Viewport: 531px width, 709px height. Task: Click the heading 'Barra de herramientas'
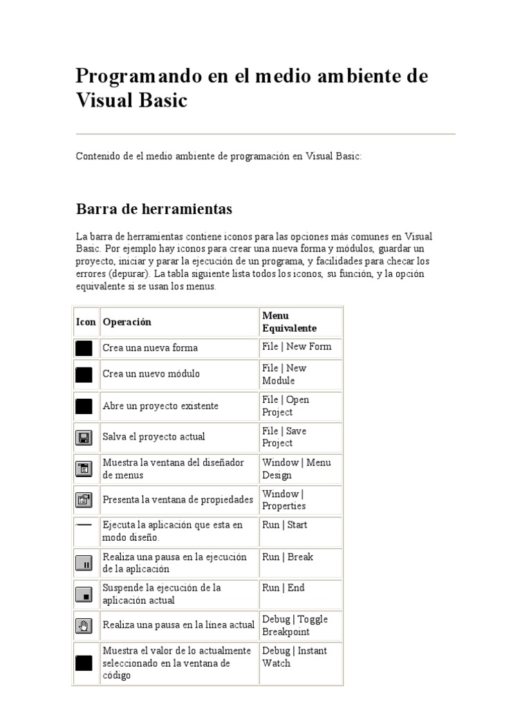[153, 209]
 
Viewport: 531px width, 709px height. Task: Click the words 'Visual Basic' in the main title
[131, 100]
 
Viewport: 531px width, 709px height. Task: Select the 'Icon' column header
[86, 322]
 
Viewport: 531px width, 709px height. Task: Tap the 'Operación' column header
[127, 322]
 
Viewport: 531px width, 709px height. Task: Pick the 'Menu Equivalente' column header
[289, 322]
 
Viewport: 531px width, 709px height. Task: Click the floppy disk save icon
[84, 438]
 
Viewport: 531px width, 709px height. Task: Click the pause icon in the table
[84, 563]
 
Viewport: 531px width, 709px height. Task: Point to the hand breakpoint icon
[84, 626]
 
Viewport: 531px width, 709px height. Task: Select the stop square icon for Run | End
[84, 595]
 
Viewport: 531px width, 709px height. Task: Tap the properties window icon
[84, 500]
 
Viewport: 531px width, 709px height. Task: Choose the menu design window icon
[84, 469]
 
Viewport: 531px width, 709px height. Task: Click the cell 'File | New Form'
[297, 347]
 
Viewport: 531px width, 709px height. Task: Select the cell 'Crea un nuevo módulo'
[151, 374]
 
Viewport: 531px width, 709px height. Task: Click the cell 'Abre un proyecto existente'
[160, 406]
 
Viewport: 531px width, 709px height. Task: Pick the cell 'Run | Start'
[285, 525]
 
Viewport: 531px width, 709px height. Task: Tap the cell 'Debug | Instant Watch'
[295, 656]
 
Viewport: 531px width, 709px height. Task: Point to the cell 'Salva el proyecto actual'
[153, 437]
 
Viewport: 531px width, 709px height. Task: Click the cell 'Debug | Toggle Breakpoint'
[295, 625]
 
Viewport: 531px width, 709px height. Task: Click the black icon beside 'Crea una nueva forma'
[84, 348]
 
